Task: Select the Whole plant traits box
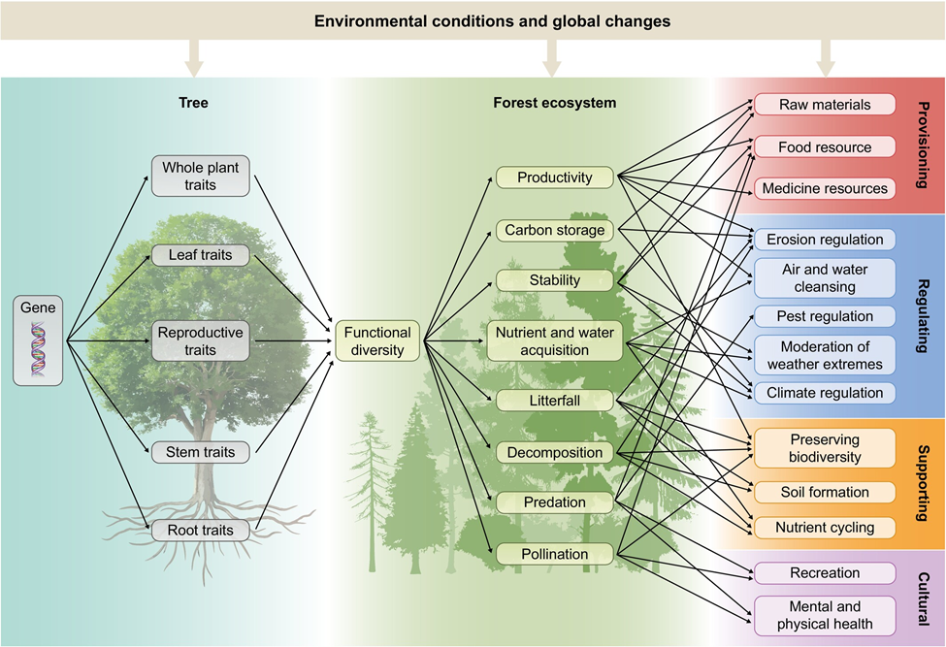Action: [x=201, y=176]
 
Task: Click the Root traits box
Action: [x=201, y=530]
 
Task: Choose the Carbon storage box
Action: [x=555, y=231]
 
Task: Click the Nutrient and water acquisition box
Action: [x=554, y=340]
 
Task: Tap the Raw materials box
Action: [x=824, y=104]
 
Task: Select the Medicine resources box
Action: [x=824, y=188]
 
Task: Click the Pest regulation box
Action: [x=825, y=316]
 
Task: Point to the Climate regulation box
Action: [x=825, y=393]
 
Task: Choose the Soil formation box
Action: [x=825, y=492]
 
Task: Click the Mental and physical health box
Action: [x=825, y=616]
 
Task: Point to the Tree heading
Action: [x=194, y=102]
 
